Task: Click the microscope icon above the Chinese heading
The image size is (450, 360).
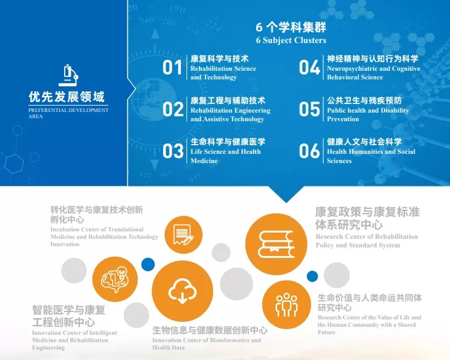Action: [x=68, y=74]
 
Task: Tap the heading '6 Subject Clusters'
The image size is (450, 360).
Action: [x=291, y=41]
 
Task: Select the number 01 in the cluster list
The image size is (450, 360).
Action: [x=172, y=68]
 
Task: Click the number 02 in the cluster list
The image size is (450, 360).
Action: [x=173, y=109]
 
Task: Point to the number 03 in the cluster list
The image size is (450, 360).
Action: [x=173, y=150]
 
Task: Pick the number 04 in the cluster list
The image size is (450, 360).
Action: [x=310, y=68]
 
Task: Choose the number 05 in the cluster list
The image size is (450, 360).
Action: [x=310, y=109]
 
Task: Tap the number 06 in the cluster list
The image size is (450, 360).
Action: [x=310, y=150]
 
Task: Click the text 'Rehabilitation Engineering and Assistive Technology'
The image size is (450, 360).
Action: [x=230, y=115]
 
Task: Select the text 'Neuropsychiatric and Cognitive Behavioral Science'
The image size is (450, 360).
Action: [x=374, y=73]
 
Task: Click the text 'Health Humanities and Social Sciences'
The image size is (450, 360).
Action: [x=371, y=156]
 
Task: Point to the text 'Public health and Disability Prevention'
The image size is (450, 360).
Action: [x=368, y=115]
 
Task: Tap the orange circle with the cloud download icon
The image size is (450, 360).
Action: [x=182, y=290]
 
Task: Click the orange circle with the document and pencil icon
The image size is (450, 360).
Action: [x=183, y=232]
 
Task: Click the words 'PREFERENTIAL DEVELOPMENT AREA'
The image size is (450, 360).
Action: [x=68, y=113]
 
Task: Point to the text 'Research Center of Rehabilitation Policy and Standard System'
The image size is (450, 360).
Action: [x=367, y=241]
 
